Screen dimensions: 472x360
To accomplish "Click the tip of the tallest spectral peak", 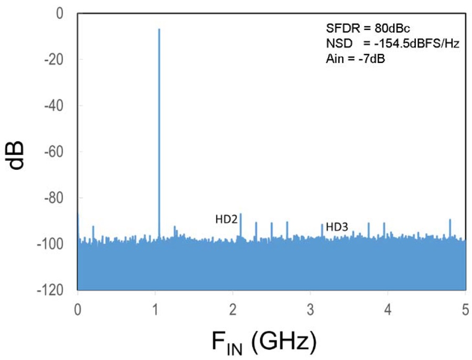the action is (159, 29).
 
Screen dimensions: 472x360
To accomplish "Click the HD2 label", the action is (227, 220).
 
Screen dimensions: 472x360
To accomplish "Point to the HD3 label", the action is (337, 227).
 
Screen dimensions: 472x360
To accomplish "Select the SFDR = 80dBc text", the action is (368, 28).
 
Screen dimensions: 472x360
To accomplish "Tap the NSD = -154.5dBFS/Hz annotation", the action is (393, 43).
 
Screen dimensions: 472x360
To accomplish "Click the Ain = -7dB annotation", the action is (356, 59).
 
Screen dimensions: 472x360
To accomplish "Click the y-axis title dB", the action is (15, 155).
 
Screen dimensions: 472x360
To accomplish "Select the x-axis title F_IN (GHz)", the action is (264, 343).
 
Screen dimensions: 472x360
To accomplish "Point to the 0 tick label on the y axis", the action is (60, 14).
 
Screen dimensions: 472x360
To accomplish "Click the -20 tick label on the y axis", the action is (54, 60).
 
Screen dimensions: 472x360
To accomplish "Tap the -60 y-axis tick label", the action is (54, 152).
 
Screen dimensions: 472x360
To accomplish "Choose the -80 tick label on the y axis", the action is (54, 198).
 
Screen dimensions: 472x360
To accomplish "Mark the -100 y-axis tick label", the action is (50, 244).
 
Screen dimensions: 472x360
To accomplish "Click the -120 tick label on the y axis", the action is (50, 290).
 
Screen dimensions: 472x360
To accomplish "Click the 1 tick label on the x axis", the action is (155, 310).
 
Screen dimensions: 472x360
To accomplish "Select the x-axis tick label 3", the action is (310, 310).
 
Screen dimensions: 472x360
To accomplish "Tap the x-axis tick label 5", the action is (465, 310).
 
